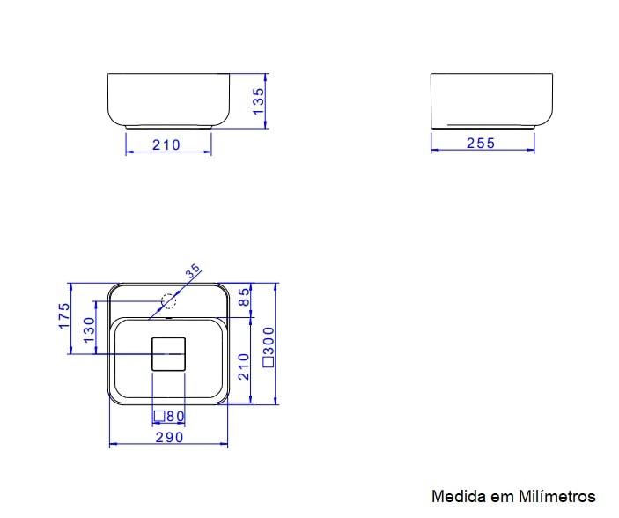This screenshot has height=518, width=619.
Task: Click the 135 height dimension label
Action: click(258, 101)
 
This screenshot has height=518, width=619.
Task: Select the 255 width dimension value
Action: click(481, 144)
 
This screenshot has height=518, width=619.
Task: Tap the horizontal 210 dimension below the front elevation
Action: click(166, 145)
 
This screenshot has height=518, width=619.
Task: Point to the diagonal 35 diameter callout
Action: click(193, 272)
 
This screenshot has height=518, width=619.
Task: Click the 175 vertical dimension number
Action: click(64, 315)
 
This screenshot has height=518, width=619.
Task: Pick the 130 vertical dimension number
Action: click(88, 331)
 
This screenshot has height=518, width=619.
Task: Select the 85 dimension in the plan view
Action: click(245, 300)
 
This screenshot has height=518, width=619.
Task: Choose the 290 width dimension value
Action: click(169, 437)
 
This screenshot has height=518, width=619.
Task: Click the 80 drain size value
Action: click(174, 416)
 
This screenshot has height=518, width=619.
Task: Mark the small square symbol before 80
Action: click(159, 416)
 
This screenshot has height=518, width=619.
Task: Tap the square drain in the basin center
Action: click(168, 354)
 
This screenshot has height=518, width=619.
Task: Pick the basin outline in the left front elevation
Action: click(168, 100)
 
